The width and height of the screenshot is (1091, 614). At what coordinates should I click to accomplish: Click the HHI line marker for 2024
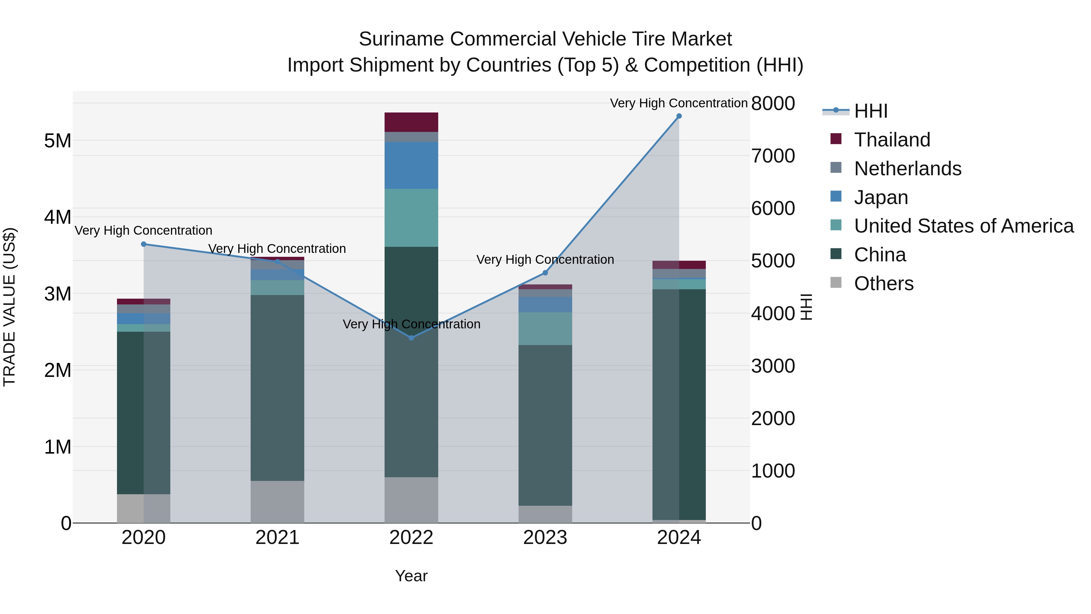tap(679, 116)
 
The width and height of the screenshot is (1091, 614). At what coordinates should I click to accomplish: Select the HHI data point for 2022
tap(411, 338)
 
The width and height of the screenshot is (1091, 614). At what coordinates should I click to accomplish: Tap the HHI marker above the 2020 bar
tap(144, 244)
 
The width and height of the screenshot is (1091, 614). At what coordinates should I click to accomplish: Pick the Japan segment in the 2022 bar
tap(411, 165)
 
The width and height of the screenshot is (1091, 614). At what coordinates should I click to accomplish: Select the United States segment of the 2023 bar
tap(545, 328)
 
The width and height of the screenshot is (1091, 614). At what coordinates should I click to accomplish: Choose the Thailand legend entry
tap(892, 140)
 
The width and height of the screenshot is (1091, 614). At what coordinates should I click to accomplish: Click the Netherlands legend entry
tap(907, 169)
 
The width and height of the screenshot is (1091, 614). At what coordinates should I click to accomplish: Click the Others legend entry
tap(883, 284)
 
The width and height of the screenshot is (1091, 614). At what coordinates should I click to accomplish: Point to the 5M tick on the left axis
tap(58, 141)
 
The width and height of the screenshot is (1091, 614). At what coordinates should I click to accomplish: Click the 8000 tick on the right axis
tap(773, 103)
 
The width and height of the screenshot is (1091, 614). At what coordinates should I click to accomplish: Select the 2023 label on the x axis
tap(545, 538)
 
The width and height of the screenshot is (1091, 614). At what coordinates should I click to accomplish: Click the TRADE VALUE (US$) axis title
tap(9, 307)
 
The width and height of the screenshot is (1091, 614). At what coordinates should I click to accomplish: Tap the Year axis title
tap(411, 576)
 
